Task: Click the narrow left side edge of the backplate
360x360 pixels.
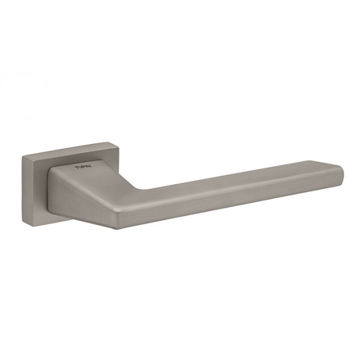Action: click(25, 191)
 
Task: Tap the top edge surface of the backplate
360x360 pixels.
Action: click(63, 149)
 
